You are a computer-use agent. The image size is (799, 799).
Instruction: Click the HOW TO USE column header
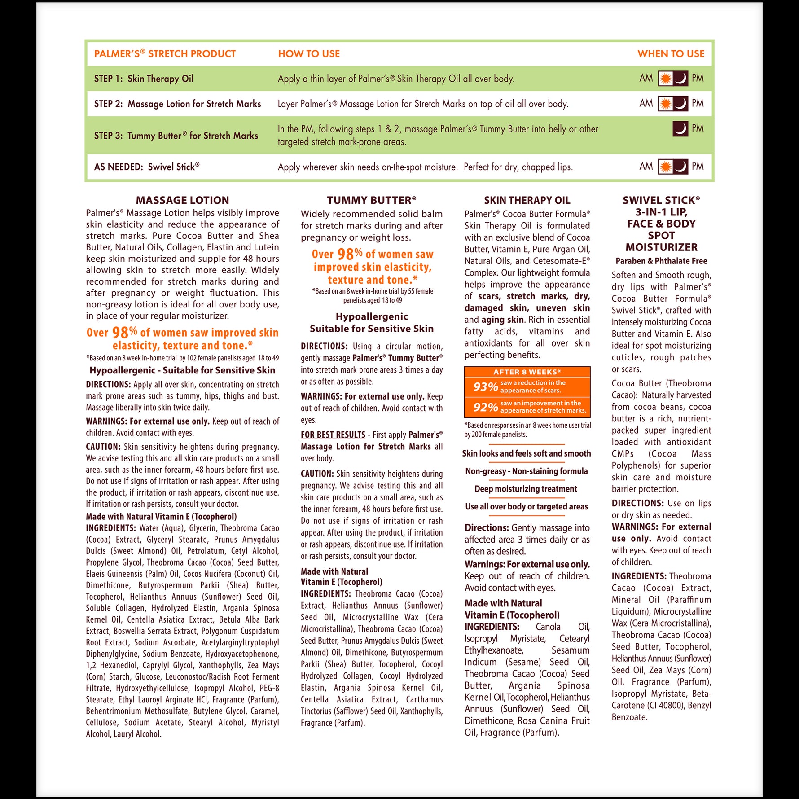tap(309, 54)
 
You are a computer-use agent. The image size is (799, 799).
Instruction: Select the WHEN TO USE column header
tap(671, 54)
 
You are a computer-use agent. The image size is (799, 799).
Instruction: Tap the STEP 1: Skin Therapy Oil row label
tap(144, 79)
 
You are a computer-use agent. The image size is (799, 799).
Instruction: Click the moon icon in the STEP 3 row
tap(680, 129)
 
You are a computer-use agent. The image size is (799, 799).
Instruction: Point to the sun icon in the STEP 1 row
tap(666, 79)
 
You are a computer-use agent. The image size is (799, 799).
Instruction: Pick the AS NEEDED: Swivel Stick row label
tap(147, 167)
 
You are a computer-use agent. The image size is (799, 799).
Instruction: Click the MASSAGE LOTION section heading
tap(182, 200)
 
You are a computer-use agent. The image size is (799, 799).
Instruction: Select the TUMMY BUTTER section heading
tap(371, 200)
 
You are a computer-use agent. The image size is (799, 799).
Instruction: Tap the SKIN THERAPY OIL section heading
tap(527, 200)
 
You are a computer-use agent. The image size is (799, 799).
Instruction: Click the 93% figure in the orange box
tap(485, 387)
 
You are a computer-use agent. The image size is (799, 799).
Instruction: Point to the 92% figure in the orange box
tap(485, 407)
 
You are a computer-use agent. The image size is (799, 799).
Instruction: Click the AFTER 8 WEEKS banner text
tap(527, 372)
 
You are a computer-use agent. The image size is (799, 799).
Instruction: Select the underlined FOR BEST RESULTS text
tap(333, 435)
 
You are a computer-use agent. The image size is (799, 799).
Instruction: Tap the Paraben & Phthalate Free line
tap(661, 261)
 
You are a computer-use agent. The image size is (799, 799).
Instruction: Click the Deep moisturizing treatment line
tap(526, 489)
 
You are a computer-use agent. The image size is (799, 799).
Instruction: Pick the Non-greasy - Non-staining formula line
tap(526, 471)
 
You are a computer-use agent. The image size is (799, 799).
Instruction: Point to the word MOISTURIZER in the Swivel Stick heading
tap(661, 247)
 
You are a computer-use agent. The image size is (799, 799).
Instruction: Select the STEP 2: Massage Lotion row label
tap(177, 104)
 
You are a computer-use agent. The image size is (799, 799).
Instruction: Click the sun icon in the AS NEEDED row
tap(666, 167)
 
